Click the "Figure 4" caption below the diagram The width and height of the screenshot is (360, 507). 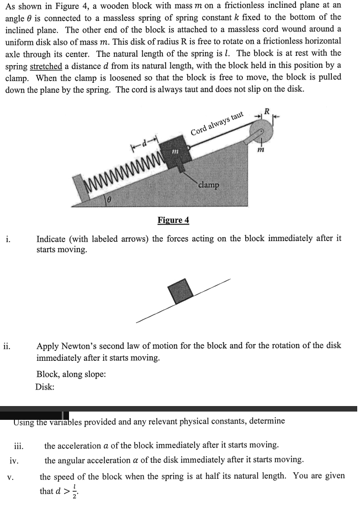pos(173,220)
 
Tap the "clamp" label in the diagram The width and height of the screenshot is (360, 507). pos(208,185)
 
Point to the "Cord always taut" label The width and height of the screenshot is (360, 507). pos(217,124)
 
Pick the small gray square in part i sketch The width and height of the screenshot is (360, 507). pos(181,290)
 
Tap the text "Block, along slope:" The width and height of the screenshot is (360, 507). pos(71,375)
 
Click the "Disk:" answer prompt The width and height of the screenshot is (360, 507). pos(45,386)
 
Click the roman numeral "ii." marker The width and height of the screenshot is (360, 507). pos(10,346)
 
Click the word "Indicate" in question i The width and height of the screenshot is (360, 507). pos(52,239)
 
